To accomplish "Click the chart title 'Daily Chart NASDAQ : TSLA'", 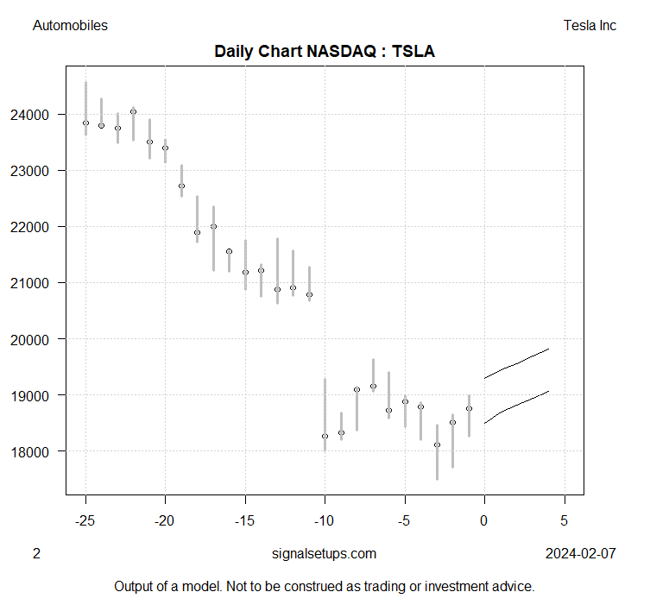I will pos(324,52).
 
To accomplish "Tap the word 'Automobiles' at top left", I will pos(70,26).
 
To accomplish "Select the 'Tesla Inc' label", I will pos(589,26).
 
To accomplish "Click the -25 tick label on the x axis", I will pos(85,520).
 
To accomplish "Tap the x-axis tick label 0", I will pos(484,520).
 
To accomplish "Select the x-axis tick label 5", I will pos(565,520).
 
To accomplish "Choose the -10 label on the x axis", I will pos(325,520).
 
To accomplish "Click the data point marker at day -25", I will pos(85,123).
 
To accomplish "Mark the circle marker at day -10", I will pos(325,436).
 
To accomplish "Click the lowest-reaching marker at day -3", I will pos(437,444).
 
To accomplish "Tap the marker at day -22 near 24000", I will pos(133,111).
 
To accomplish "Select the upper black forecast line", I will pos(518,362).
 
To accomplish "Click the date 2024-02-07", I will pos(581,554).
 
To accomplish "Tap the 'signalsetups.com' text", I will pos(324,554).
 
